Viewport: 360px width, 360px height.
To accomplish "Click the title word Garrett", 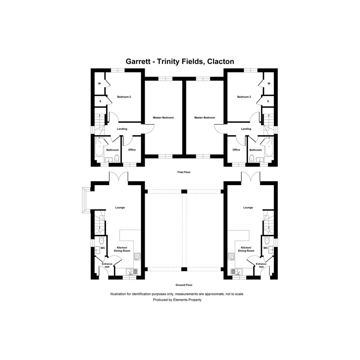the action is coord(138,62).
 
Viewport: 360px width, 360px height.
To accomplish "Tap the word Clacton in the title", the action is coord(221,62).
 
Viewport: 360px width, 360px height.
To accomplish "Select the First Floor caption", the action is coord(184,172).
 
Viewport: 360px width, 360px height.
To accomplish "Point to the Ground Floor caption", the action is coord(184,285).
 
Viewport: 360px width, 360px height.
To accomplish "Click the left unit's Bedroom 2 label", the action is coord(124,97).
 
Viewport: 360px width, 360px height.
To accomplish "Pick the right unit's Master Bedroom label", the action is coord(205,118).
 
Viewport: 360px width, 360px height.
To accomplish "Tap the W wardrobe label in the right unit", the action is coord(269,83).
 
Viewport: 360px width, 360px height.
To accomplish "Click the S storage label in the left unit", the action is coord(100,101).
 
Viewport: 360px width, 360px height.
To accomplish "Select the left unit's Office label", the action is coord(132,150).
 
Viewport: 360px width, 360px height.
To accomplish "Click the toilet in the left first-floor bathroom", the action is coord(117,158).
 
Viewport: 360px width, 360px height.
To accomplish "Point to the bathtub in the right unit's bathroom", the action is coord(269,147).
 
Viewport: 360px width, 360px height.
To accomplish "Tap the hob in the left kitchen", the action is coord(137,257).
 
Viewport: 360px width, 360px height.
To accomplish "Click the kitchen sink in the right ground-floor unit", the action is coord(237,272).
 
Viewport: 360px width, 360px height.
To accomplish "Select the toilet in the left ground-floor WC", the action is coord(101,240).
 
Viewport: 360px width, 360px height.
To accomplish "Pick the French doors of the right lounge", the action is coord(251,177).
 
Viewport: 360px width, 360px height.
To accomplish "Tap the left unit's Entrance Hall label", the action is coord(107,266).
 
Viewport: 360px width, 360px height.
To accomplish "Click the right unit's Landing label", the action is coord(246,129).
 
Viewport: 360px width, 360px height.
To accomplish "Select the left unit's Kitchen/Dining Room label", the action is coord(122,249).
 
